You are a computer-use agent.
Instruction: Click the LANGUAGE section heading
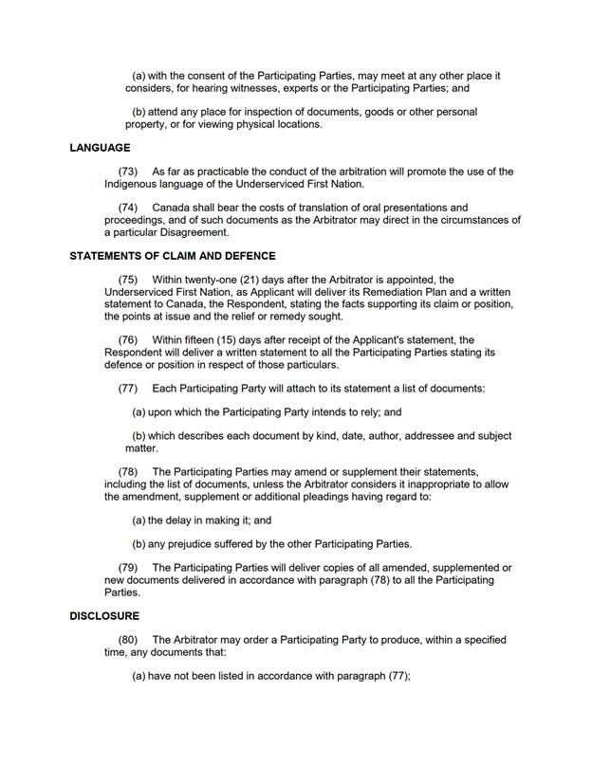coord(100,148)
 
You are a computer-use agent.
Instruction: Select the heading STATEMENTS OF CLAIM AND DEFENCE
coord(173,256)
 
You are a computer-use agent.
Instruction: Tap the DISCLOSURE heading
coord(103,616)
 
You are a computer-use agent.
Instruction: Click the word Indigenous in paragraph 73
coord(134,184)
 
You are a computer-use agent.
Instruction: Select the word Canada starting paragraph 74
coord(171,208)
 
